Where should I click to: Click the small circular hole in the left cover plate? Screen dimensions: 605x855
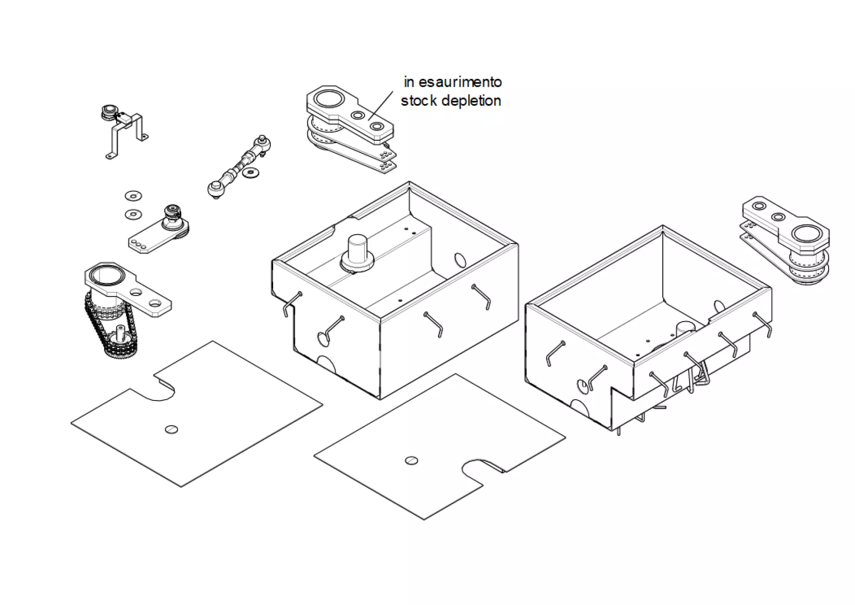tap(171, 429)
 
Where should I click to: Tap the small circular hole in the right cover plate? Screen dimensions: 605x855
tap(411, 460)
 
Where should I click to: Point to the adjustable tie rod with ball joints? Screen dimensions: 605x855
tap(238, 167)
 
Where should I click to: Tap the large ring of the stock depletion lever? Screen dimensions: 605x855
tap(329, 99)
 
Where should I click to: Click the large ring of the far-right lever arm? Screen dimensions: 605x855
tap(807, 235)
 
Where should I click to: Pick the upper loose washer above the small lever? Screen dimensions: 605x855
tap(134, 196)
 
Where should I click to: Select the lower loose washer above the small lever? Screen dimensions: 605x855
tap(133, 214)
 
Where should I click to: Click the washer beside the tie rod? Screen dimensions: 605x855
tap(251, 173)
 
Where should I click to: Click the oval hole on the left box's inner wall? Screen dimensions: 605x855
tap(460, 259)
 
